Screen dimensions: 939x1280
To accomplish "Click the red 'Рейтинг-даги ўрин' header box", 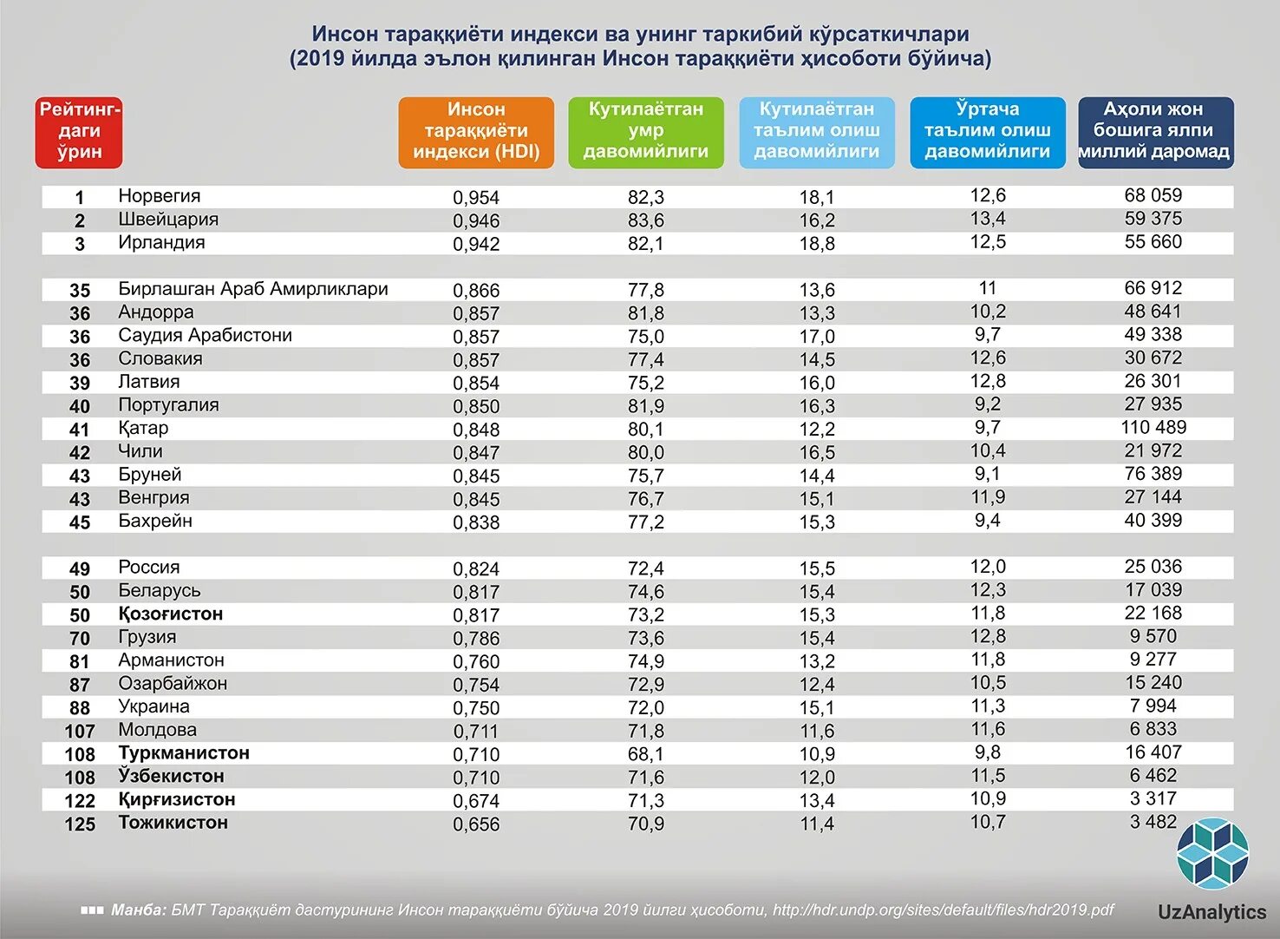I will (x=79, y=132).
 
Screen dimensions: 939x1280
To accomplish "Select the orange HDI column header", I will (x=476, y=132).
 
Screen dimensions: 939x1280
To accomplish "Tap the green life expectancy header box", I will (x=646, y=132).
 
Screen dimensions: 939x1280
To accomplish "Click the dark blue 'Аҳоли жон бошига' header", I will (x=1155, y=132).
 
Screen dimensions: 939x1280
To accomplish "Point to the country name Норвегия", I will (x=160, y=196).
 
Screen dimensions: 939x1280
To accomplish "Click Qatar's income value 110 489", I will (x=1153, y=427).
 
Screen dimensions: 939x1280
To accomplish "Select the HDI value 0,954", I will (x=476, y=198).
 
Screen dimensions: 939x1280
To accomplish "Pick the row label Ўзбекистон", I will (x=172, y=776).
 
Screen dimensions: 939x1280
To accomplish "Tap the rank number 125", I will (x=80, y=824).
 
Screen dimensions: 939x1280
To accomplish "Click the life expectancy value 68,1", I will (x=646, y=754).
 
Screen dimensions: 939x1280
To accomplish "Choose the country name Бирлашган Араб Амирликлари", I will (x=253, y=289).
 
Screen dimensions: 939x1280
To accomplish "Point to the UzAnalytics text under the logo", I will (x=1211, y=912).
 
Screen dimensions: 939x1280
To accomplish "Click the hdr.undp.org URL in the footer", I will (x=943, y=909).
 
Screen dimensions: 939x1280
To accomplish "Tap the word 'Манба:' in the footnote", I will (x=139, y=910).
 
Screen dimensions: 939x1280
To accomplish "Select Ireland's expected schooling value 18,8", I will (x=817, y=244).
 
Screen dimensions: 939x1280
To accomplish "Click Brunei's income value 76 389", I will (x=1153, y=474).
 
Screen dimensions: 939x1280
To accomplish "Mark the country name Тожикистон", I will (x=173, y=823).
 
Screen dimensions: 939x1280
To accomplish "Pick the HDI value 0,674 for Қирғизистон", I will (x=476, y=801).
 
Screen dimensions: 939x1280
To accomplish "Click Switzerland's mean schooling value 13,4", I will (x=988, y=219).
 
